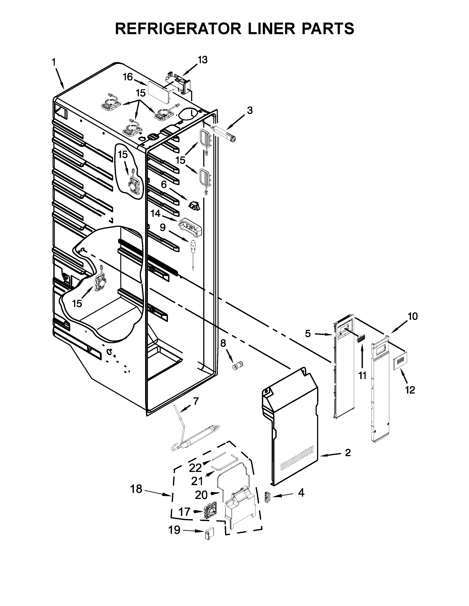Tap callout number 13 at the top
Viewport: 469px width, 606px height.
coord(202,60)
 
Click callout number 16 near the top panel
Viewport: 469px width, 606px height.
coord(128,77)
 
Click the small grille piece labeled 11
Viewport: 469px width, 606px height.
coord(361,338)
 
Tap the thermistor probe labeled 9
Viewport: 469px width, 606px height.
coord(192,251)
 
